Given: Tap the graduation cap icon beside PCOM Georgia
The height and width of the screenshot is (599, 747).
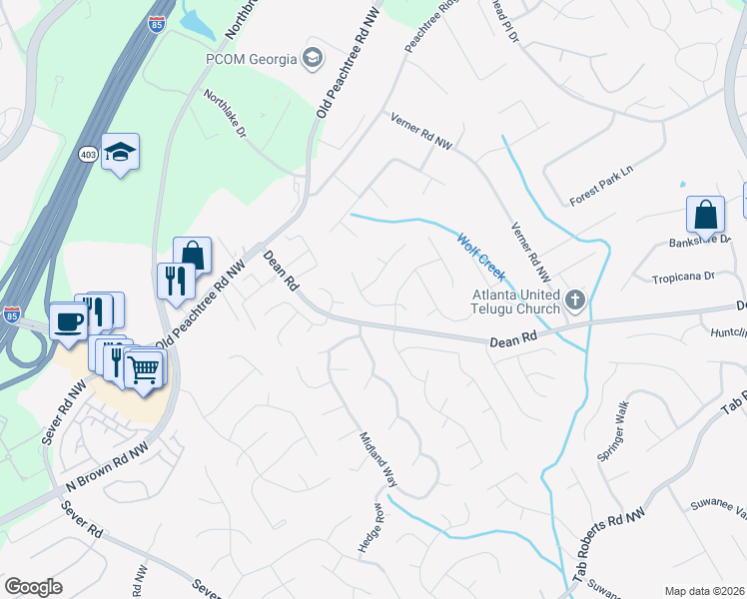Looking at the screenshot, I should (x=315, y=58).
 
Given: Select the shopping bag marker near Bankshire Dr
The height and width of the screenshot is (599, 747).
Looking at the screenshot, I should (x=705, y=215).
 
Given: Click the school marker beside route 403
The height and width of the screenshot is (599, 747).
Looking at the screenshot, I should (x=121, y=152).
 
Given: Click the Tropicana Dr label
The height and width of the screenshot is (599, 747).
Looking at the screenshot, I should (x=684, y=277).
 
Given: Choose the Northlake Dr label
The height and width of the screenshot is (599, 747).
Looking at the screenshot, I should (x=225, y=114).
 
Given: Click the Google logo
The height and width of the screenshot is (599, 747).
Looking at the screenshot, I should (x=33, y=587).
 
